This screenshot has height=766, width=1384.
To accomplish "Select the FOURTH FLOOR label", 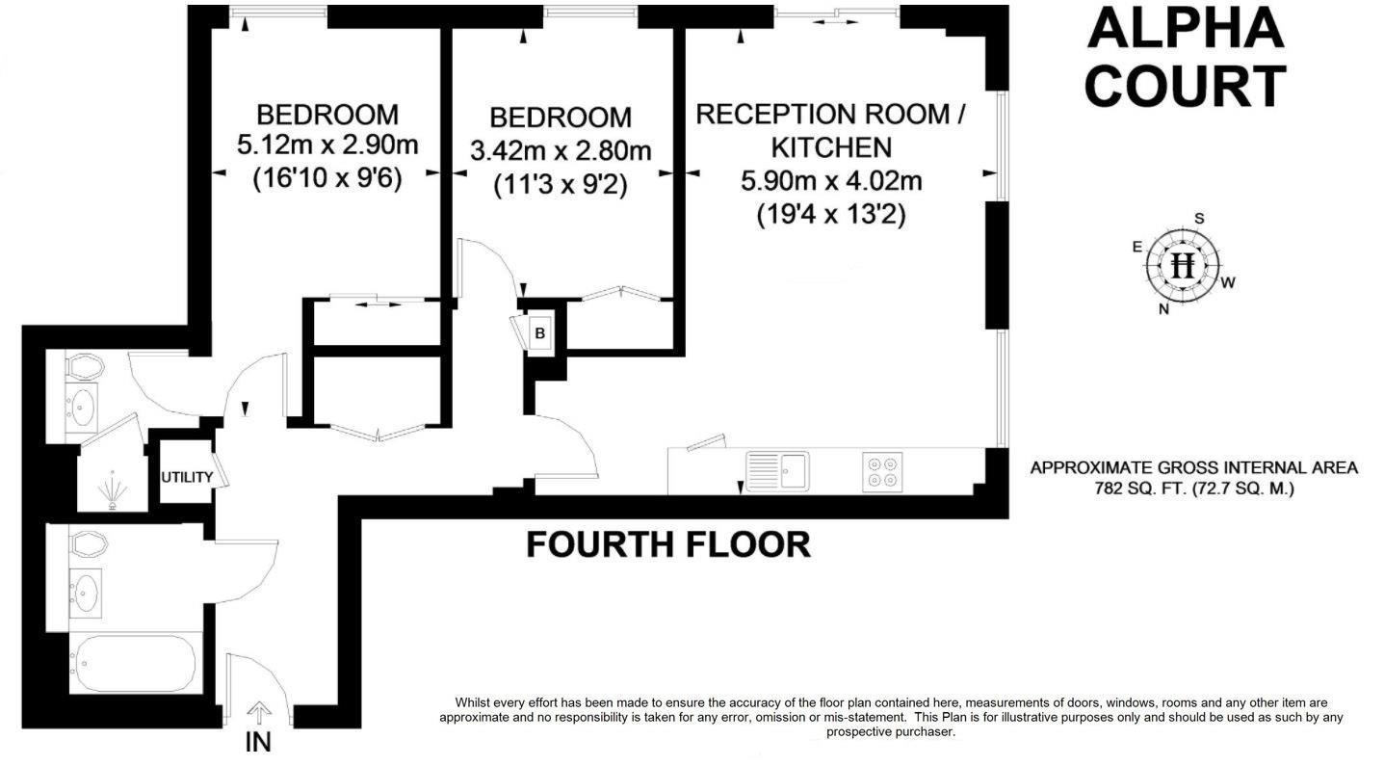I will click(667, 545).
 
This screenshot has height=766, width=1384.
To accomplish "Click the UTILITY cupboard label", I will click(187, 477).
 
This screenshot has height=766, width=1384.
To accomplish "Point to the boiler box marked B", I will click(540, 333).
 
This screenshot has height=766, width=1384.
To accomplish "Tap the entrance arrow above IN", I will click(258, 713).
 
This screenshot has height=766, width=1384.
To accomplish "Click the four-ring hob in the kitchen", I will click(883, 472).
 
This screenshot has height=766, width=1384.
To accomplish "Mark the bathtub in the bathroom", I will click(133, 663).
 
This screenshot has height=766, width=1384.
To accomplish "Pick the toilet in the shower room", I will click(84, 367).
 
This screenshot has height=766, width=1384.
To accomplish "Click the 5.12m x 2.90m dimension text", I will click(327, 146).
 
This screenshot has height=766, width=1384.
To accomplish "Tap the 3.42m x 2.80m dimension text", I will click(560, 150).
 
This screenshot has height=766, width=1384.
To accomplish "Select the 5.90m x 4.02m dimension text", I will click(830, 180).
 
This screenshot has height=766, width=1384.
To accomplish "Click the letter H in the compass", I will click(1183, 264).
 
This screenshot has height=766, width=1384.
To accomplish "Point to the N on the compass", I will click(1163, 308).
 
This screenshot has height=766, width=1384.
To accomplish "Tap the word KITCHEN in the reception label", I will click(830, 147).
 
